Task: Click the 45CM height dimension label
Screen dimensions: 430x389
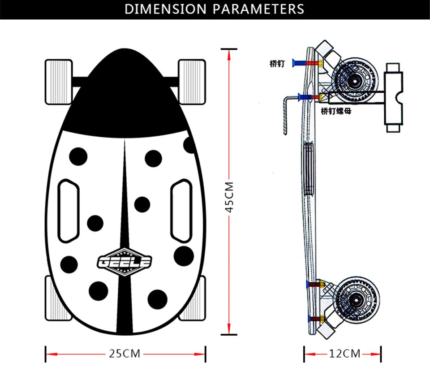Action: pyautogui.click(x=229, y=197)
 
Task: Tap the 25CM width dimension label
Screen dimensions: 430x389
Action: pyautogui.click(x=125, y=354)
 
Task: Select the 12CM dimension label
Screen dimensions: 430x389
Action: pyautogui.click(x=345, y=354)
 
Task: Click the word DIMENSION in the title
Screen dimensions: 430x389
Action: pyautogui.click(x=165, y=9)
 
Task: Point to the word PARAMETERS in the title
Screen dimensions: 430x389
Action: pyautogui.click(x=258, y=9)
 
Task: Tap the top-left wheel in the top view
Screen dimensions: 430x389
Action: pyautogui.click(x=58, y=82)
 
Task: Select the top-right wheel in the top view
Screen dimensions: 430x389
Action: pyautogui.click(x=192, y=82)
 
